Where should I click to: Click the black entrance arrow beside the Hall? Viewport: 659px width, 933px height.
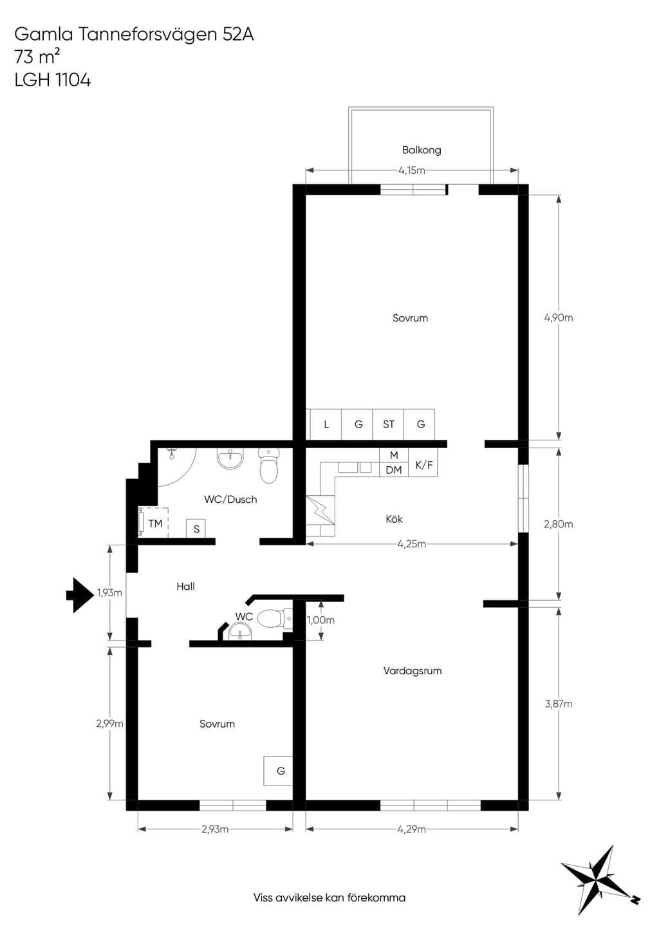80,595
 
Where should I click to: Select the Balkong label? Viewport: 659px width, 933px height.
422,150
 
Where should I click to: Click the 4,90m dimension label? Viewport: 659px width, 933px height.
558,318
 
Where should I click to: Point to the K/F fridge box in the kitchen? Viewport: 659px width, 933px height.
423,462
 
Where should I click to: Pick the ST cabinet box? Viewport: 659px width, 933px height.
388,424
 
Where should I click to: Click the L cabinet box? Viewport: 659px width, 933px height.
326,424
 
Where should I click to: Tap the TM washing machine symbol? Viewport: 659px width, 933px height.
153,523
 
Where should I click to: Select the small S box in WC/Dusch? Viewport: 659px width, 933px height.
196,529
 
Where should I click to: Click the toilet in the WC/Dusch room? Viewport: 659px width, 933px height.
268,466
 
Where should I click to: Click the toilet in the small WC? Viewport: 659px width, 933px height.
275,619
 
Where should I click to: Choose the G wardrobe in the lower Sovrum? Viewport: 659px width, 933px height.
279,771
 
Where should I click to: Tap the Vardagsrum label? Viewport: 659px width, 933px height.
412,671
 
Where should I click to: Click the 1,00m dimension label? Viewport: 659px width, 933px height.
320,620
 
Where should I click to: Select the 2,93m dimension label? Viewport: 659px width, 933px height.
215,829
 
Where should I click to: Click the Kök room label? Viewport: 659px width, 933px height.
394,520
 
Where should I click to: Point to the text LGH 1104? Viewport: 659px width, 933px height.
53,80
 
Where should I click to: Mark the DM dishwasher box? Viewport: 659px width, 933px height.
394,469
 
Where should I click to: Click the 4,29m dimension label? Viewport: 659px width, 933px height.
411,829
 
